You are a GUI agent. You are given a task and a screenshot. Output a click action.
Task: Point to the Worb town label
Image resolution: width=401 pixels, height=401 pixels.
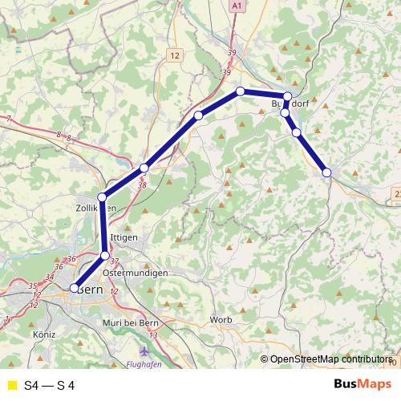pyautogui.click(x=221, y=320)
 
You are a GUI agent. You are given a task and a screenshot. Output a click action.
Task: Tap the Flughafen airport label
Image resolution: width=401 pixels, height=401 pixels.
pyautogui.click(x=144, y=364)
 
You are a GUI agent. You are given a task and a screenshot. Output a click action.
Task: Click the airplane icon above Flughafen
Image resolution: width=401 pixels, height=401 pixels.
pyautogui.click(x=144, y=350)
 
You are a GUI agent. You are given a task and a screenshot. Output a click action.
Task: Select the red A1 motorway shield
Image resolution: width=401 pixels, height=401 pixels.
pyautogui.click(x=237, y=6)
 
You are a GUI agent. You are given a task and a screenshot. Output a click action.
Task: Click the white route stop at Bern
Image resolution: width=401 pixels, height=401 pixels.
pyautogui.click(x=75, y=288)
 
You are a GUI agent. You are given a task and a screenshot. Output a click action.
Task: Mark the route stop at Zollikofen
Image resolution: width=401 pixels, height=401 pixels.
pyautogui.click(x=102, y=197)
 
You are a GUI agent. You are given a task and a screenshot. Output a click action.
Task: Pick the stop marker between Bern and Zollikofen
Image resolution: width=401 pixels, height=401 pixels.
pyautogui.click(x=105, y=256)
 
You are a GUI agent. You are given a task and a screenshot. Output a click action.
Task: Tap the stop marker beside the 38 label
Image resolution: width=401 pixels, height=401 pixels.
pyautogui.click(x=144, y=168)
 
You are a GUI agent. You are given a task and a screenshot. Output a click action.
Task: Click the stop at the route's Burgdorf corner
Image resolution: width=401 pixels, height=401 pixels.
pyautogui.click(x=287, y=97)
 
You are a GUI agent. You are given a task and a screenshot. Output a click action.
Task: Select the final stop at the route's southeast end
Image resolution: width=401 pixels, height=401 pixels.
pyautogui.click(x=326, y=172)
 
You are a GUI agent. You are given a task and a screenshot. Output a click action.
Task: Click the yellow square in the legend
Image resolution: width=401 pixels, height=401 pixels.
pyautogui.click(x=12, y=386)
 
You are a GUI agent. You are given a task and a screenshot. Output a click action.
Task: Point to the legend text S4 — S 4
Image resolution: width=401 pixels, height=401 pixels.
pyautogui.click(x=50, y=386)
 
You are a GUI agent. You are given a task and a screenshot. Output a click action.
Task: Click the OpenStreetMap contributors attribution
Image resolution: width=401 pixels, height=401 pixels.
pyautogui.click(x=330, y=359)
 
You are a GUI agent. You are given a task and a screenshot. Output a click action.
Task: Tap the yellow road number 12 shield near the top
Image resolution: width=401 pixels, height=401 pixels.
pyautogui.click(x=176, y=55)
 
